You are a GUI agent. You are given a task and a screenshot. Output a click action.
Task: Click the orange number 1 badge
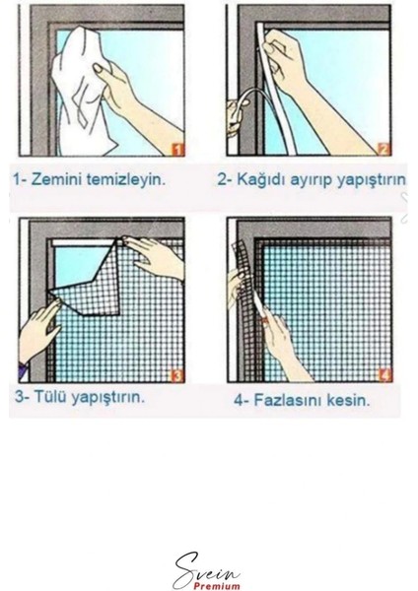click(x=178, y=150)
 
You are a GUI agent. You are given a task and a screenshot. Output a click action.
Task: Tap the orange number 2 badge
click(x=383, y=150)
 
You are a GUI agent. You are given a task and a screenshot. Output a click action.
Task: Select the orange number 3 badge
click(x=177, y=376)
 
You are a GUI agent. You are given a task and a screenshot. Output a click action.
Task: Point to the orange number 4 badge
click(x=385, y=375)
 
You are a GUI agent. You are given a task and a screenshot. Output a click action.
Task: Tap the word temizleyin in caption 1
click(x=125, y=179)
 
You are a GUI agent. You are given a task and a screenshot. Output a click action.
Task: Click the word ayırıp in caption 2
click(x=312, y=180)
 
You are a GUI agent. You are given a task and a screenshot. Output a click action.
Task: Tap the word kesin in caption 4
click(x=348, y=400)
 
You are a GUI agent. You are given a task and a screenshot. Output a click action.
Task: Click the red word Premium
click(x=217, y=586)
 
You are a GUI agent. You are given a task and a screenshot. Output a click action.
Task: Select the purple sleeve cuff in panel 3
click(x=22, y=371)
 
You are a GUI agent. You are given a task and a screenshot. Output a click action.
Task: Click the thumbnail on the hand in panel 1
click(x=100, y=68)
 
